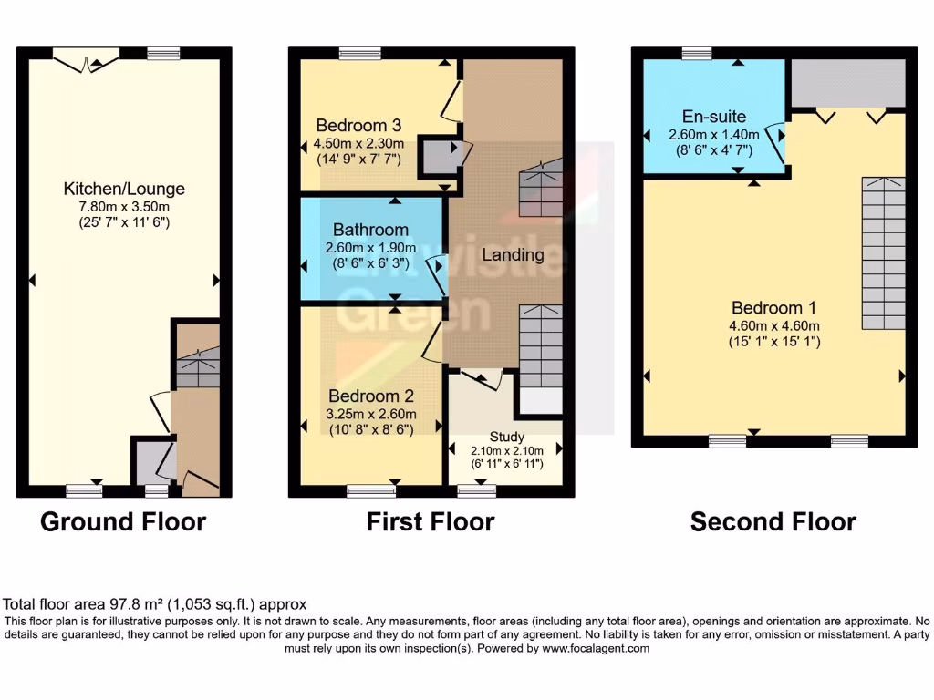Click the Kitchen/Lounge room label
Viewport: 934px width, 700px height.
click(x=124, y=189)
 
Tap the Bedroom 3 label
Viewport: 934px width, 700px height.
click(x=359, y=125)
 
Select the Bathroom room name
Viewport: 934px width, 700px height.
click(x=370, y=230)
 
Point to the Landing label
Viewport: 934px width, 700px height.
click(x=514, y=254)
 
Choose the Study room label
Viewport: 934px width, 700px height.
click(x=507, y=437)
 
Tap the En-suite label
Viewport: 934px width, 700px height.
click(x=714, y=116)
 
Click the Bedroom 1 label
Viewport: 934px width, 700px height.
click(x=773, y=307)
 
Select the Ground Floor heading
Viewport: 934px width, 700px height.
click(x=124, y=522)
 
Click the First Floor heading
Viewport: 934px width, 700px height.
click(x=431, y=522)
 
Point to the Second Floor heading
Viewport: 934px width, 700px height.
click(x=773, y=522)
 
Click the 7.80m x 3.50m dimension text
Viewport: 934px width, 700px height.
click(x=124, y=206)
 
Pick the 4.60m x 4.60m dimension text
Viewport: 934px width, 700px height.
click(x=773, y=325)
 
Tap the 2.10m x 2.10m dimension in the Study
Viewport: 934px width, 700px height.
click(x=507, y=450)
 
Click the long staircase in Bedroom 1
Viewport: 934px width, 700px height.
click(x=883, y=252)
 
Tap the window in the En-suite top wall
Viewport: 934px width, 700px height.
click(x=697, y=53)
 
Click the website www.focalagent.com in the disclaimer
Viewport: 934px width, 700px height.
click(x=597, y=649)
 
